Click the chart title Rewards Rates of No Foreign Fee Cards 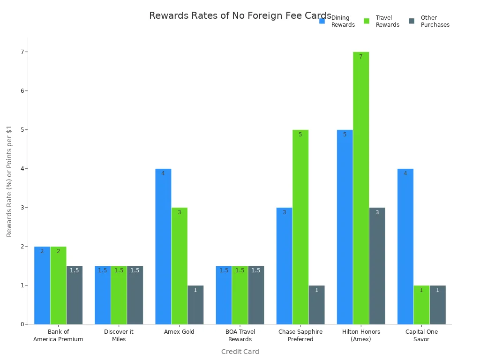click(240, 16)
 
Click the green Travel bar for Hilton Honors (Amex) click(361, 187)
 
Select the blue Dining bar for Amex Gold click(163, 246)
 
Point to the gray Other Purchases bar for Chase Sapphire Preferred click(316, 305)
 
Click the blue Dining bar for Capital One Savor click(405, 246)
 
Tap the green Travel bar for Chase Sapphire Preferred click(300, 227)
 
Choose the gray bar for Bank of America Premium click(75, 295)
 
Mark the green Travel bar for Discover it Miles click(119, 295)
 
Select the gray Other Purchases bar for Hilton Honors click(377, 266)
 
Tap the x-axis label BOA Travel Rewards click(240, 336)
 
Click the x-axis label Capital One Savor click(421, 336)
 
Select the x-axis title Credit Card click(240, 352)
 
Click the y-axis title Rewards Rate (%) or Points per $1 click(9, 180)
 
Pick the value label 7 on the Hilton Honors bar click(361, 57)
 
